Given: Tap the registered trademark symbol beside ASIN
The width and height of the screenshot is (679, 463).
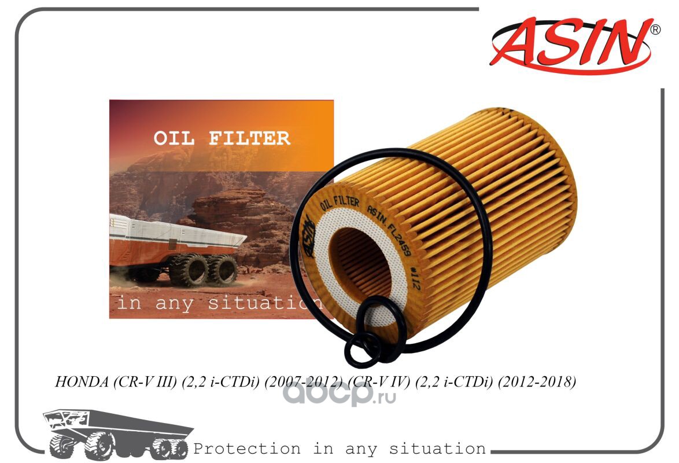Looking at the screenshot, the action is click(656, 30).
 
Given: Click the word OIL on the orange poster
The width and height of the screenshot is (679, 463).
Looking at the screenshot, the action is click(174, 138).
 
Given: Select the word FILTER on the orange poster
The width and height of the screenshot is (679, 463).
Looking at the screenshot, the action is click(249, 138).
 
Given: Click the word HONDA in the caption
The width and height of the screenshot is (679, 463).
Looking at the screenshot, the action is click(82, 381).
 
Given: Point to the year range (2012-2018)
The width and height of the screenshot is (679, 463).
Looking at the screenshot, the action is click(537, 381).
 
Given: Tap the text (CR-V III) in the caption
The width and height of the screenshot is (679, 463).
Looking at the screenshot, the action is click(145, 381).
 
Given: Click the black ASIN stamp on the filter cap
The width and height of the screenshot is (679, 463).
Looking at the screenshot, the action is click(308, 236).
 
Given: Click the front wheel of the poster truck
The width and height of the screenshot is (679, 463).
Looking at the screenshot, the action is click(189, 270).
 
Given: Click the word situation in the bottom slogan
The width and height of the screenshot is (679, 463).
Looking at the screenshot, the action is click(437, 449).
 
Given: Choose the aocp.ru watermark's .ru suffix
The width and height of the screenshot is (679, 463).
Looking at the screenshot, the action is click(385, 396).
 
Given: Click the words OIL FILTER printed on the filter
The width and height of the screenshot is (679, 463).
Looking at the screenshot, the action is click(339, 203).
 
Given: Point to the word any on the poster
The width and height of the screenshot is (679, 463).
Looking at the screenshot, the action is click(174, 303).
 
